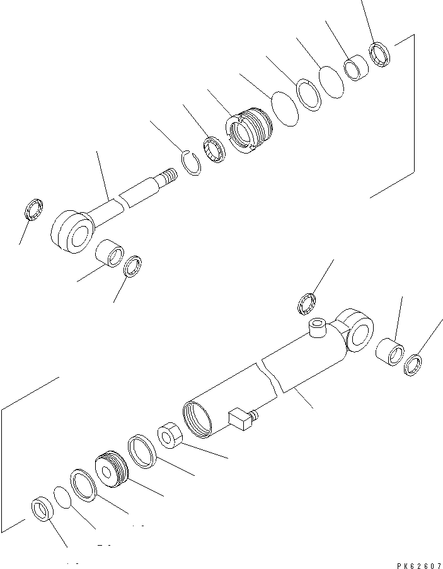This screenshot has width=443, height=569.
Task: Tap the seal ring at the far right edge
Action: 413,364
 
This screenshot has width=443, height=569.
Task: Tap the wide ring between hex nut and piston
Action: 142,451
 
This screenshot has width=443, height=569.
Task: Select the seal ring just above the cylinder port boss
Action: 307,303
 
